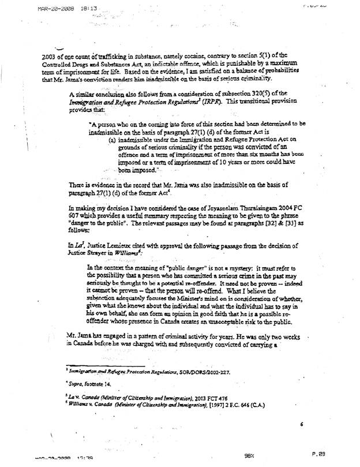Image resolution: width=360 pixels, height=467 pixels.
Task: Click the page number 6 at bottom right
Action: pos(301,424)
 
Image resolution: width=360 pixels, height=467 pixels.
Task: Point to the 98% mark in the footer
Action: pos(249,454)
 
